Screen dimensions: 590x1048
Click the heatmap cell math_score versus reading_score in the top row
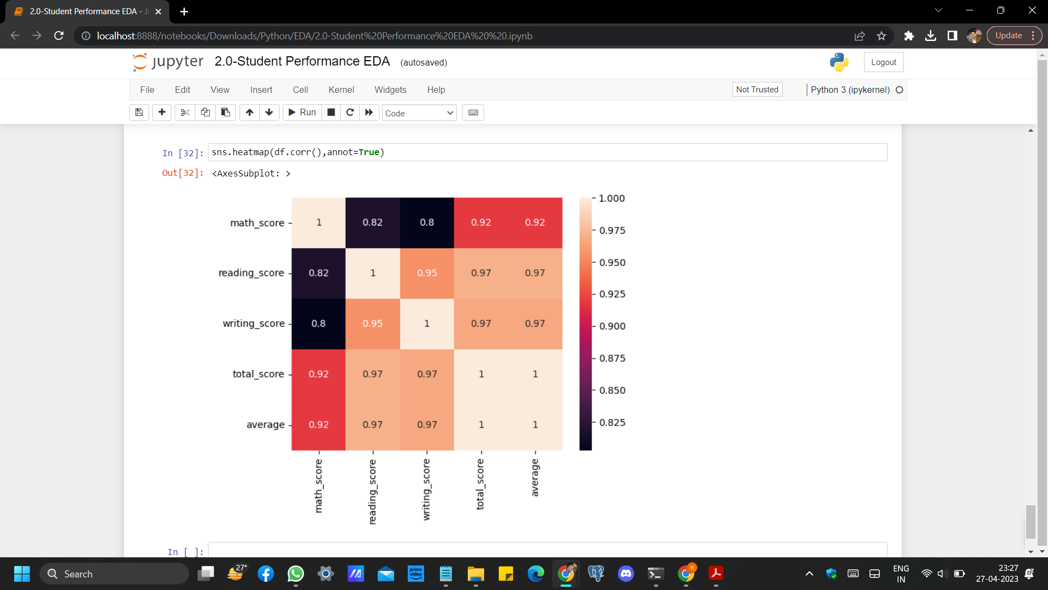(x=372, y=222)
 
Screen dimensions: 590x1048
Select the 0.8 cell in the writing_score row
(x=318, y=323)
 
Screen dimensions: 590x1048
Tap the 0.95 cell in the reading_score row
(x=427, y=273)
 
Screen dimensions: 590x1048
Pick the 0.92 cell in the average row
(x=318, y=424)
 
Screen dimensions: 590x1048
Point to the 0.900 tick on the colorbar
(x=612, y=326)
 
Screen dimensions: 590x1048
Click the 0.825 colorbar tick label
(x=612, y=422)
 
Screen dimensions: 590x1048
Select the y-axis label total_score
(x=258, y=374)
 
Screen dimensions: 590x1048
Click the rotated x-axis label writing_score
(x=426, y=489)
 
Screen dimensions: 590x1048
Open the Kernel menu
(x=341, y=90)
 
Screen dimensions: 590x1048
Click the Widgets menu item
(x=390, y=90)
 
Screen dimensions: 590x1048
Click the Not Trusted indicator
(x=757, y=90)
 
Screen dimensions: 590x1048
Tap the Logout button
(x=883, y=62)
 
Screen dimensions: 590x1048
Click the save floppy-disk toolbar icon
(x=139, y=113)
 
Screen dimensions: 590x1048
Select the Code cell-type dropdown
(x=419, y=113)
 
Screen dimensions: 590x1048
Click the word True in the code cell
(x=368, y=152)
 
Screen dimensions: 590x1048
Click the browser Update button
(x=1008, y=36)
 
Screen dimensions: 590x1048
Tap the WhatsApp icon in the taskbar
(x=295, y=574)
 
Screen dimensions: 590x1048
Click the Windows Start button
(x=22, y=574)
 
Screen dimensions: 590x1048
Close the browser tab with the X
(x=158, y=11)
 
